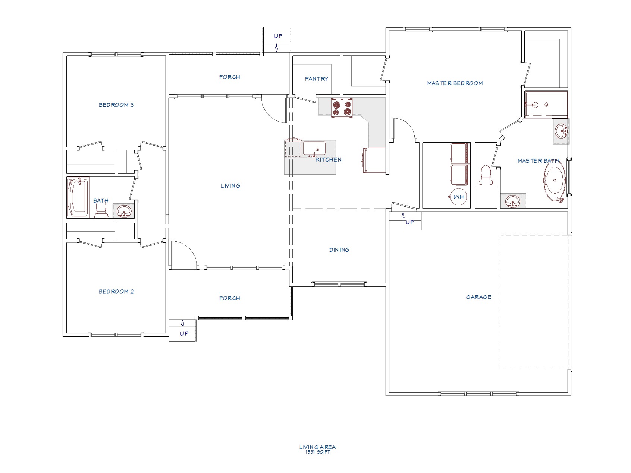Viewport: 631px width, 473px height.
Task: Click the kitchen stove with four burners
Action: coord(342,108)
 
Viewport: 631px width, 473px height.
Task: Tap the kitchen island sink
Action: coord(314,149)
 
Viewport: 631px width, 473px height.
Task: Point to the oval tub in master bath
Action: coord(555,183)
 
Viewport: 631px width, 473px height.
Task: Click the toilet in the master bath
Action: coord(485,175)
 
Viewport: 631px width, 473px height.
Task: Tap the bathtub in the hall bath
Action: coord(78,197)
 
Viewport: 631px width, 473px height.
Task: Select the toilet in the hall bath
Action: coord(101,211)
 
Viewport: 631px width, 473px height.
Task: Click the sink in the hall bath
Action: coord(124,211)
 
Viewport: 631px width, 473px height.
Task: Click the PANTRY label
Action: coord(316,79)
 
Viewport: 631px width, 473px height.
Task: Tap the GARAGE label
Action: coord(478,297)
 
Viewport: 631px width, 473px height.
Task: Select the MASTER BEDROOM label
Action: coord(455,83)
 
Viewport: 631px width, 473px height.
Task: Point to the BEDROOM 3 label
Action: coord(116,105)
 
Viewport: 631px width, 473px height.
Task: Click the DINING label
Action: coord(339,250)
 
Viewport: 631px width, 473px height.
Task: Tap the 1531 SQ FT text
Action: coord(317,452)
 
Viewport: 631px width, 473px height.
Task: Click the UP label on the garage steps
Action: coord(409,222)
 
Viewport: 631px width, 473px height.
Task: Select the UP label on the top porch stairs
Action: coord(278,36)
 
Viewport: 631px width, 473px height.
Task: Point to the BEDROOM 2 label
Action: coord(116,291)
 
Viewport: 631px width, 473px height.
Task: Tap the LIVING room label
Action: coord(230,185)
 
